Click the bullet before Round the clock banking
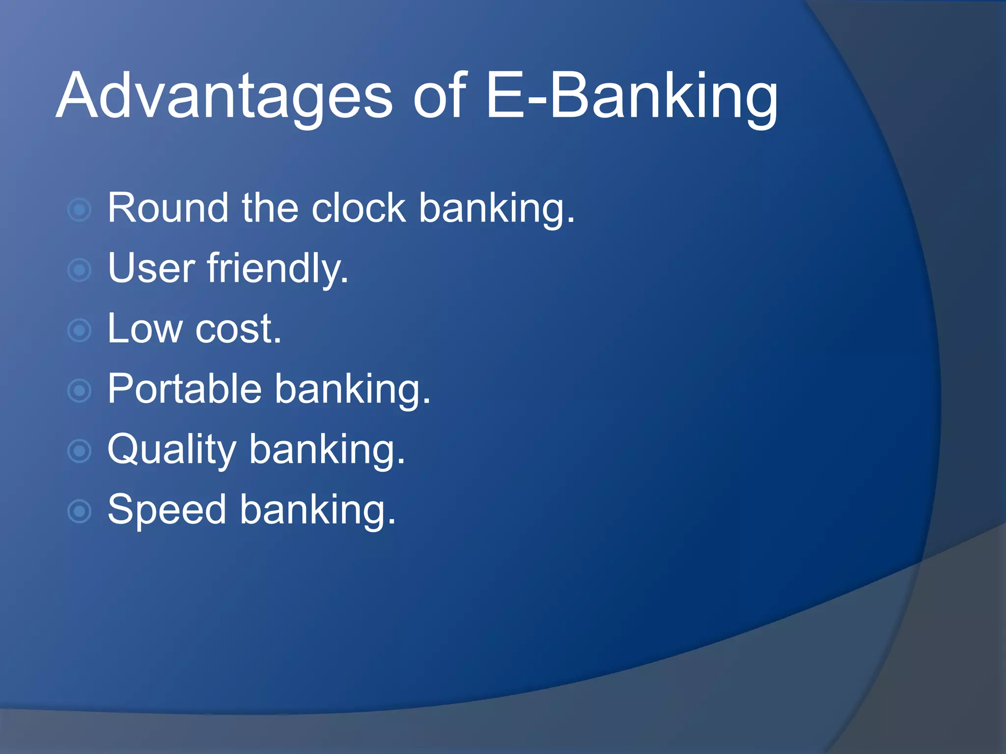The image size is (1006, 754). click(79, 210)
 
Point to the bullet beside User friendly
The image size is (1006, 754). click(79, 270)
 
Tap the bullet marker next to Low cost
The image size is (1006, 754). click(79, 330)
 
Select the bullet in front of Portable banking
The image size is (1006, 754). click(79, 391)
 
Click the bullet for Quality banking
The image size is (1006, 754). click(79, 451)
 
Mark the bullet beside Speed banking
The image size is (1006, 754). click(79, 511)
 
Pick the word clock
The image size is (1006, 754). click(359, 208)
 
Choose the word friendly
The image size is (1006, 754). click(277, 269)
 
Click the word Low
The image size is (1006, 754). click(145, 329)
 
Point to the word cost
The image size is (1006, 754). click(238, 329)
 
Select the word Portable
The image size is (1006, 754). click(185, 389)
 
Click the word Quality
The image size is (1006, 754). click(172, 449)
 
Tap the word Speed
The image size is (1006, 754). click(167, 510)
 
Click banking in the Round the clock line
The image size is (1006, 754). click(496, 208)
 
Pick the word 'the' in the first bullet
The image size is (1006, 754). click(270, 208)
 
